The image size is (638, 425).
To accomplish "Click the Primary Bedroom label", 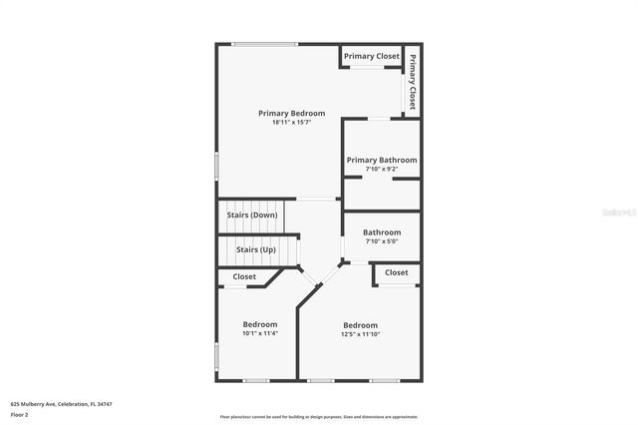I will click(x=291, y=113).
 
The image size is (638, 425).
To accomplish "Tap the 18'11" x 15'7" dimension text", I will click(x=291, y=123).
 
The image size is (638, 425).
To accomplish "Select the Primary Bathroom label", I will click(x=382, y=160).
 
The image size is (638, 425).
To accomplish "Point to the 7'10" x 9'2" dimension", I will click(x=382, y=169).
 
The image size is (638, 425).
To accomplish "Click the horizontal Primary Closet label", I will click(x=372, y=57).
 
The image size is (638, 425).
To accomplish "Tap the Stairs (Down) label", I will click(x=251, y=214).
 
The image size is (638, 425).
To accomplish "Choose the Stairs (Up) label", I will click(x=256, y=249).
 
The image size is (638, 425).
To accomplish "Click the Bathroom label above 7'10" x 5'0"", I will click(x=382, y=232).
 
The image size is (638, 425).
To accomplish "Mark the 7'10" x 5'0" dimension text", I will click(x=382, y=241).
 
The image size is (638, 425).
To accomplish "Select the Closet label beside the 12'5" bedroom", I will click(x=397, y=272).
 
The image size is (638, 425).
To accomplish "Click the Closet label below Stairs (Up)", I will click(x=244, y=276).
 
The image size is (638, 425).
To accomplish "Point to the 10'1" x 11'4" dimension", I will click(x=260, y=333).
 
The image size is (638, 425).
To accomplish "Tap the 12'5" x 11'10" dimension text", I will click(x=361, y=334).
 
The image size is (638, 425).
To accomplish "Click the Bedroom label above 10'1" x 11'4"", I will click(x=260, y=324).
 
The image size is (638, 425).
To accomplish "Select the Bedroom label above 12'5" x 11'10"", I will click(x=361, y=325).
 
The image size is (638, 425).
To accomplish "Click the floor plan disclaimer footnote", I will click(x=319, y=417).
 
